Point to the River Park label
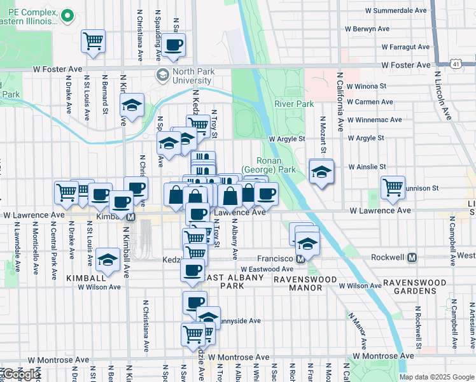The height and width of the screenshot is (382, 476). click(x=294, y=104)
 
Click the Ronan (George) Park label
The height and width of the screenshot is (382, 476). click(x=269, y=166)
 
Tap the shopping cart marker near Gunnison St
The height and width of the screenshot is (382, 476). click(x=393, y=187)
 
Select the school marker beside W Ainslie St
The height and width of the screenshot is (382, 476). click(x=321, y=171)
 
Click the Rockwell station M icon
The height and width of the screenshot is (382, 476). click(x=412, y=258)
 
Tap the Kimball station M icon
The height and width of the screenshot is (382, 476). click(x=131, y=217)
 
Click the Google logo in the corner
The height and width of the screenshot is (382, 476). click(x=20, y=374)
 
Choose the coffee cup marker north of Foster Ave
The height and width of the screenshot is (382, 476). click(x=174, y=45)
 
